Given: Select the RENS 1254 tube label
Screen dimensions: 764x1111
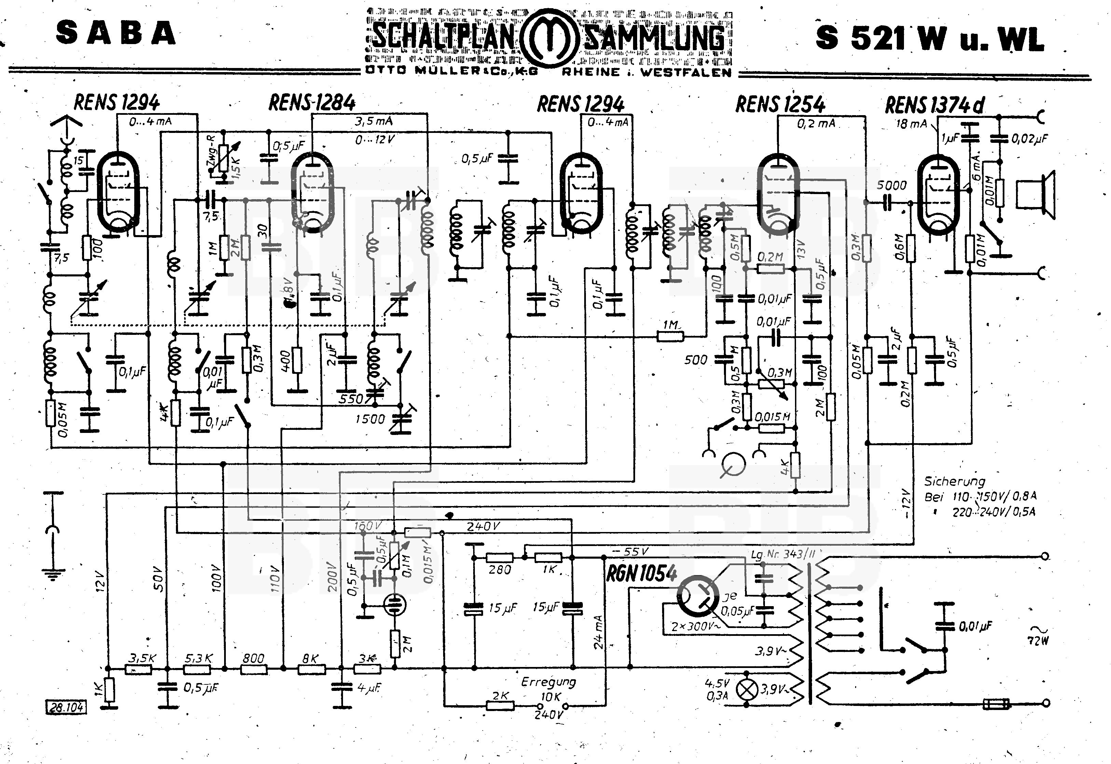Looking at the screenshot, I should [780, 104].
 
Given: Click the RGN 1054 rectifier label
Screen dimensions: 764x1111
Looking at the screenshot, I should [642, 573].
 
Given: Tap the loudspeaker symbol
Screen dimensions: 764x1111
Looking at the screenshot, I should [1036, 196].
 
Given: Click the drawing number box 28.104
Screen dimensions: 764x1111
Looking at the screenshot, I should [66, 707].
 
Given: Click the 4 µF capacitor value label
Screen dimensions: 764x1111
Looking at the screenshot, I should [369, 688].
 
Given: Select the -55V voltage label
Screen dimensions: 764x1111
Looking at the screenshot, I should [631, 551].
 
